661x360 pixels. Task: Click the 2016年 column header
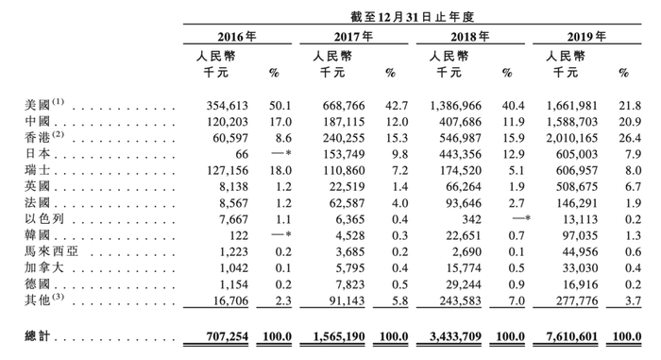[x=237, y=37]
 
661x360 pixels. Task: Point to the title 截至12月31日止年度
[x=413, y=12]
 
